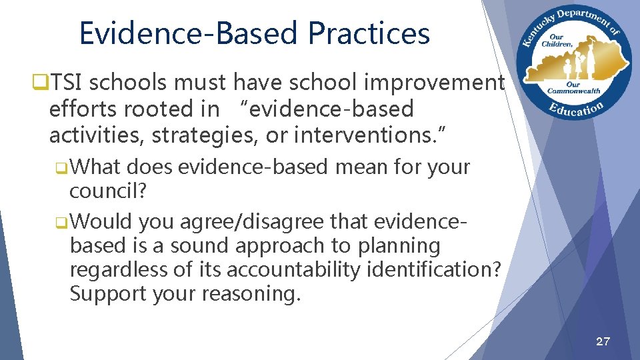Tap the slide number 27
[x=602, y=342]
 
